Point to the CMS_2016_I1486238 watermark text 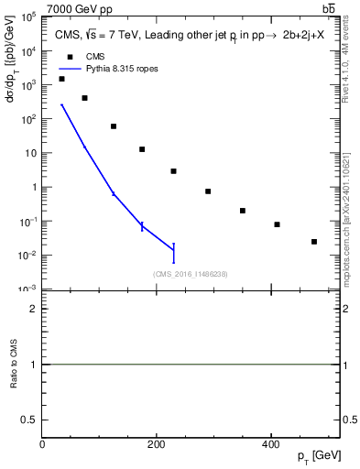[x=191, y=273]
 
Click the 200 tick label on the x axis [x=157, y=442]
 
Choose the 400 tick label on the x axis [x=270, y=442]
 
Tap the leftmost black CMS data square [x=61, y=79]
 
